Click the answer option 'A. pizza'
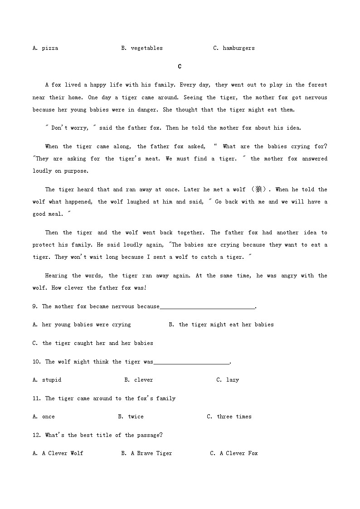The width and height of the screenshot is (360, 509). click(45, 48)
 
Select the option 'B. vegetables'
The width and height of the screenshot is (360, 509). click(141, 48)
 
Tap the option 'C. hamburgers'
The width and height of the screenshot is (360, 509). click(234, 48)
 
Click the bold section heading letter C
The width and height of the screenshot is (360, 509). click(180, 67)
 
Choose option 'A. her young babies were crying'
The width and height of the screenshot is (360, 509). click(82, 325)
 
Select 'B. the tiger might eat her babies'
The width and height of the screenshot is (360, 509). click(221, 325)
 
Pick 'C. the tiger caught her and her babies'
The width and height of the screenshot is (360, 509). click(92, 343)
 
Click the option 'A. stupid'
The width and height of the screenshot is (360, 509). click(47, 380)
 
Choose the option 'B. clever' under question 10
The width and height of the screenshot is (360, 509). click(138, 380)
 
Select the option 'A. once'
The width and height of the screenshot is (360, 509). click(44, 417)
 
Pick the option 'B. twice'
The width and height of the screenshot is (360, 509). click(131, 417)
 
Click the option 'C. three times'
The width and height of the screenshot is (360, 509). click(229, 417)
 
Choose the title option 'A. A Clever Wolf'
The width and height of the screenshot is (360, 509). click(58, 453)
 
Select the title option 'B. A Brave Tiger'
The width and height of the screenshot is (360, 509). click(146, 453)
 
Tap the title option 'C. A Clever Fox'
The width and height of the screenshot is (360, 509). click(234, 453)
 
